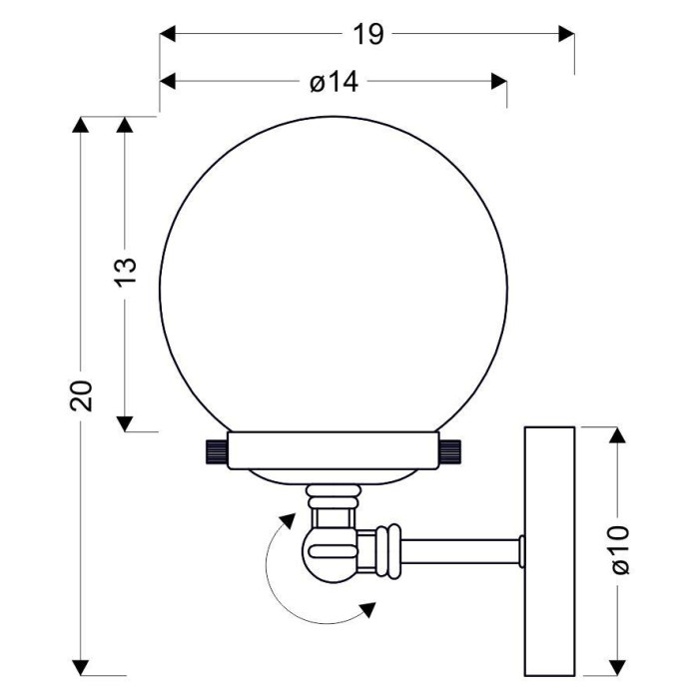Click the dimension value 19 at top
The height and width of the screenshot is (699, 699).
pos(368,34)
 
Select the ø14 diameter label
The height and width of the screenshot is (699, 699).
pos(334,82)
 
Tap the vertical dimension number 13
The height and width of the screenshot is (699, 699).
pos(126,272)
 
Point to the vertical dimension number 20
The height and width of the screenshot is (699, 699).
pos(81,395)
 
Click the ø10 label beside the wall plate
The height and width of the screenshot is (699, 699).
pos(619,550)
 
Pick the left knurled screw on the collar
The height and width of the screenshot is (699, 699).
pos(216,450)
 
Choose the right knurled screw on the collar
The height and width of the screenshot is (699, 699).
pos(450,450)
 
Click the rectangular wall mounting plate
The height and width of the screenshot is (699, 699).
pos(549,551)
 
